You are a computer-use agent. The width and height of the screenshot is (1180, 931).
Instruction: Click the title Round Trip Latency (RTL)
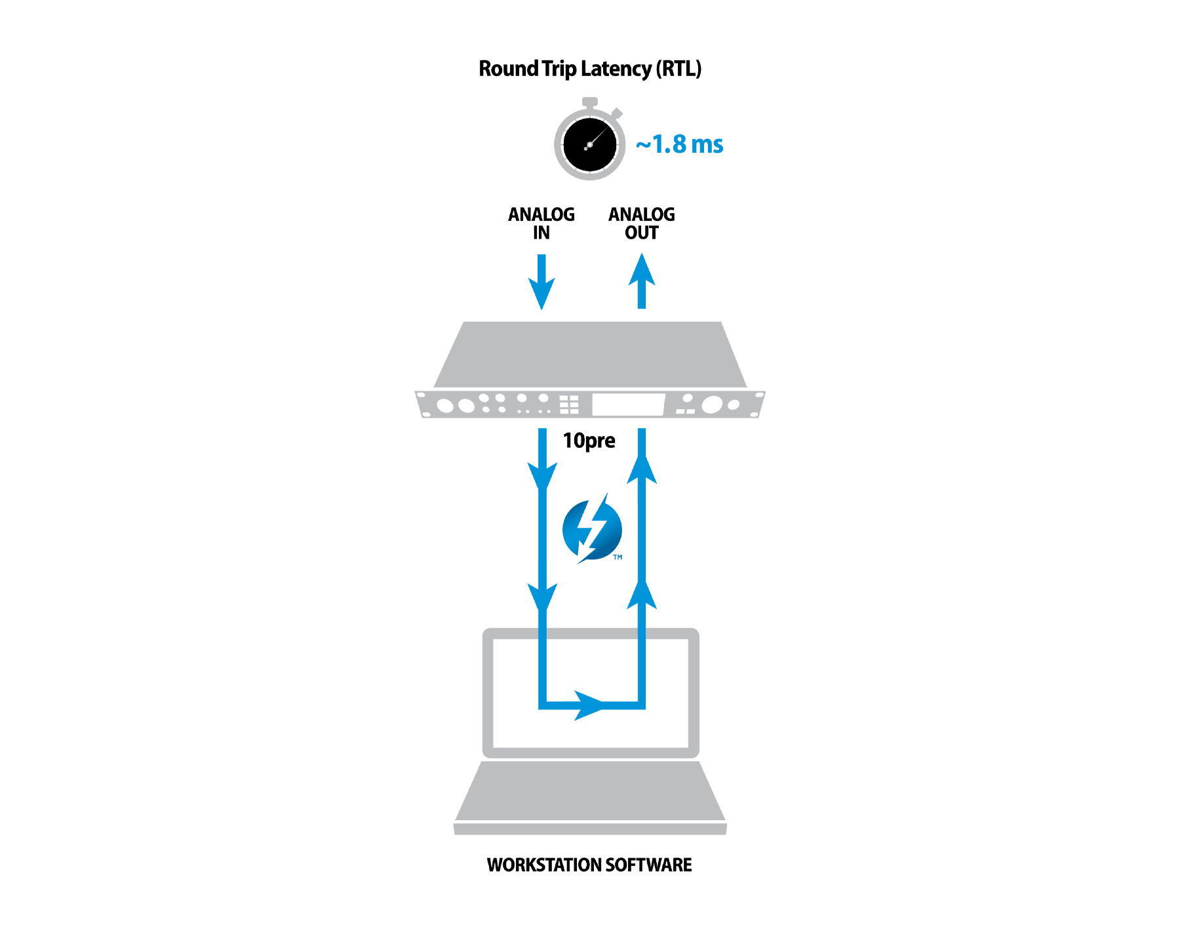point(590,69)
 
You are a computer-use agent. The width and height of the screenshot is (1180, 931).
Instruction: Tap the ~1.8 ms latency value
point(679,144)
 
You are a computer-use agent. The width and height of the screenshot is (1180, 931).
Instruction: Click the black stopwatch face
point(589,145)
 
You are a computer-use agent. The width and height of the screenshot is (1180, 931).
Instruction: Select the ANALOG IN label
point(541,224)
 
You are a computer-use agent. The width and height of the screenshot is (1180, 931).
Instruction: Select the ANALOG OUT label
point(641,224)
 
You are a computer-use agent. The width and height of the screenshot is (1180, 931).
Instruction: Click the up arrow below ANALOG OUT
point(642,281)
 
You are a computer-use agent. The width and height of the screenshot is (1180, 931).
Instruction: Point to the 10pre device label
point(589,441)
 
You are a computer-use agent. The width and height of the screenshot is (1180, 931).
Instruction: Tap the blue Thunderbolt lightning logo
point(592,529)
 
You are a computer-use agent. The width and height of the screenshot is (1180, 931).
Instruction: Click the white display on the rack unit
point(628,405)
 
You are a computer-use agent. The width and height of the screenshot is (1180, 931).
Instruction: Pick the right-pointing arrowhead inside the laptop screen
point(588,705)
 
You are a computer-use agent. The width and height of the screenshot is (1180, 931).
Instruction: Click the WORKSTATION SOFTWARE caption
point(589,865)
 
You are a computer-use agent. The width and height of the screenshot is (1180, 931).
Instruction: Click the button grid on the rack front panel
point(569,405)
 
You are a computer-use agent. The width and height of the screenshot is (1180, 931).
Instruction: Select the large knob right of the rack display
point(712,405)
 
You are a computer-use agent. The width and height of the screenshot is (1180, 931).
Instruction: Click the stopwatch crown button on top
point(589,103)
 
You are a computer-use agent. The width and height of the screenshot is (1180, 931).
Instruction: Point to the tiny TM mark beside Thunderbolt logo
point(618,557)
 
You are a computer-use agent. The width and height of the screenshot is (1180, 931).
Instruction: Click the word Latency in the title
point(616,69)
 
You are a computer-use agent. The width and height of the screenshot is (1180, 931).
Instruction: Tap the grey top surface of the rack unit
point(590,354)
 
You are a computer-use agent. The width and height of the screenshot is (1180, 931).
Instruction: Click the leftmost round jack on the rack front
point(445,406)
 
